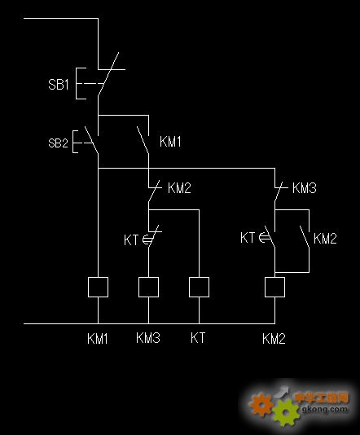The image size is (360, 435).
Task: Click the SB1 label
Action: click(59, 84)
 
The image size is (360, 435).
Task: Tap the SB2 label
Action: click(58, 143)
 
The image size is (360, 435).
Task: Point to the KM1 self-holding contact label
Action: click(170, 142)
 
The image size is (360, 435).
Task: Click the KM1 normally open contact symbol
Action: click(143, 140)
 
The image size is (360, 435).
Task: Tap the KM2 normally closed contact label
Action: click(179, 188)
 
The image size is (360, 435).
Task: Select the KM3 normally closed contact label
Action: click(305, 188)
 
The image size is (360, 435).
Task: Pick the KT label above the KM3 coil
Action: click(131, 240)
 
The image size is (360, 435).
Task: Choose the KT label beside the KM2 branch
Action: click(248, 238)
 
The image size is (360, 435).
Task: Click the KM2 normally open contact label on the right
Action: click(325, 239)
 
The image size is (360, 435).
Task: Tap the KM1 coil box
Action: click(98, 287)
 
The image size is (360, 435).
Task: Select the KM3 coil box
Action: click(149, 287)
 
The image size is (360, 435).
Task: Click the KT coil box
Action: click(199, 287)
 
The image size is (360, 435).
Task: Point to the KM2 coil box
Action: click(274, 287)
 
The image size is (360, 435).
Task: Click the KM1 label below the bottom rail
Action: click(98, 338)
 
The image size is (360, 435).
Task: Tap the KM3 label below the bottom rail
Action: click(148, 338)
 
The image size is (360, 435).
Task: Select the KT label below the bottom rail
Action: click(198, 338)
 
